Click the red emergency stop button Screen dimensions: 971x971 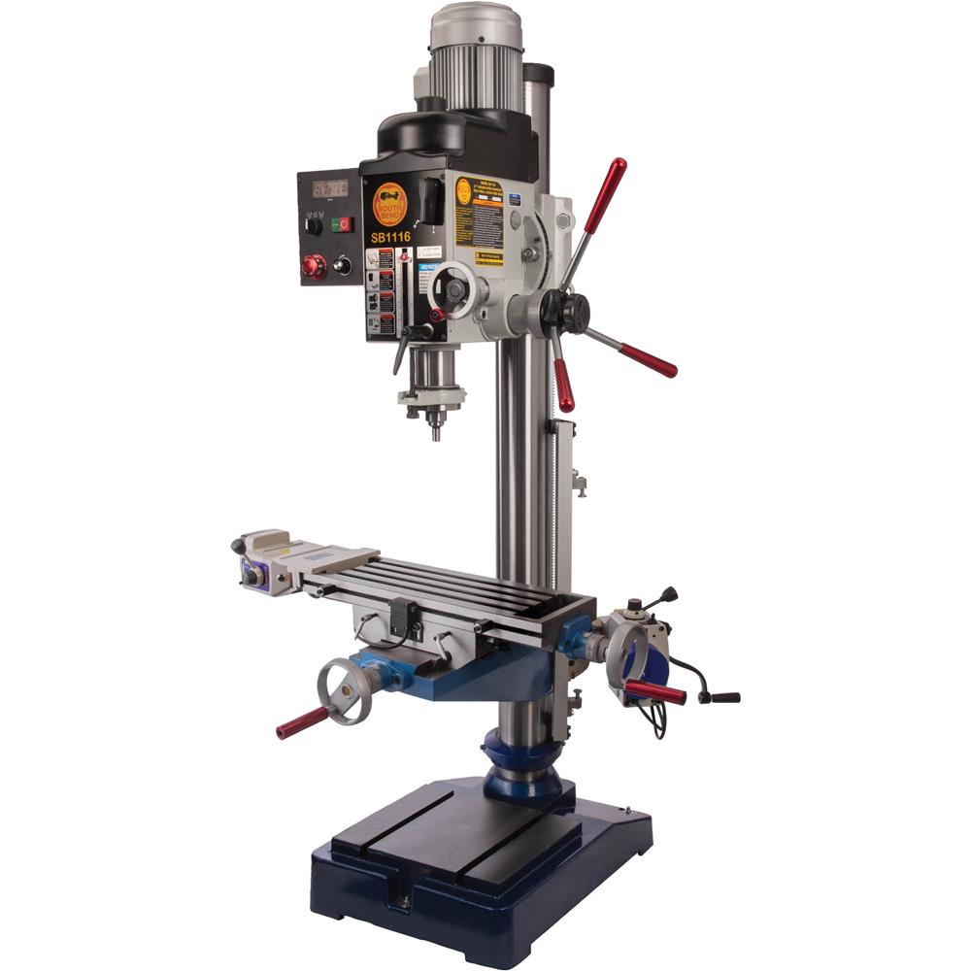point(315,265)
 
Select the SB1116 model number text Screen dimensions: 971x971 point(390,236)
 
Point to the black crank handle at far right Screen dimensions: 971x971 point(719,695)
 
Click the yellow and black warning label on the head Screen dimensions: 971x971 point(480,220)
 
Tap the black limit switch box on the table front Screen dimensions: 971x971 point(402,618)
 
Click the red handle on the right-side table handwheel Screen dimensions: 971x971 point(654,691)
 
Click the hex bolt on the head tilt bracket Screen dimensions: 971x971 point(529,254)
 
